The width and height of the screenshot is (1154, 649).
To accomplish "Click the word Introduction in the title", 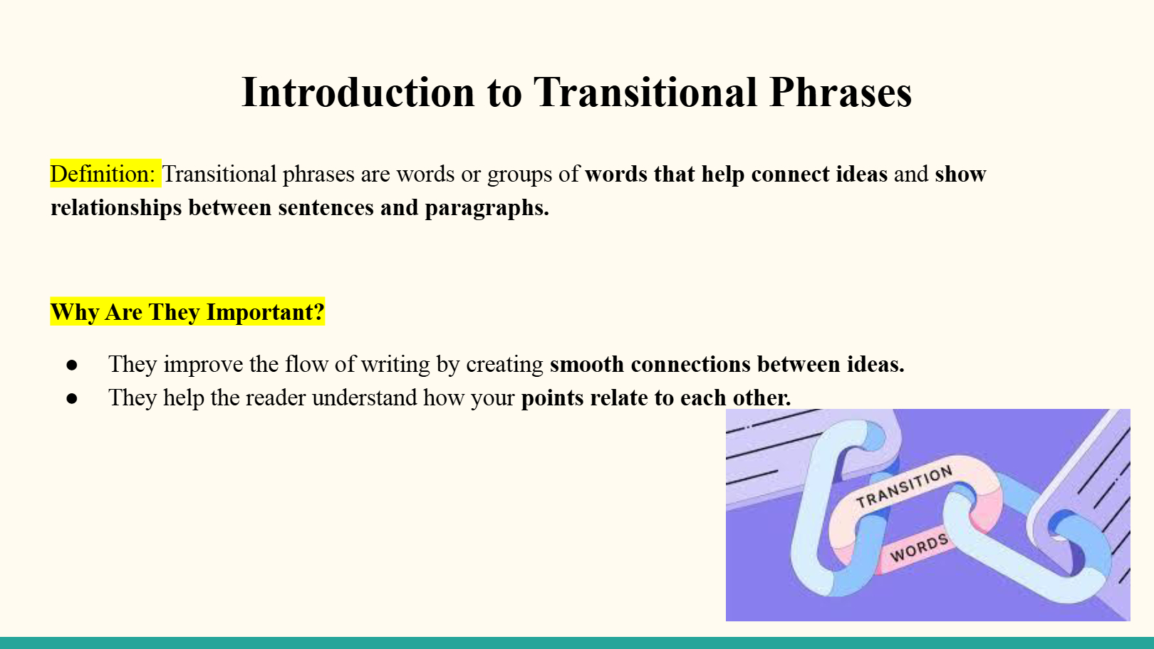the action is (x=358, y=93).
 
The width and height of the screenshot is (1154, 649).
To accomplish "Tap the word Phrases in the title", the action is (x=841, y=93).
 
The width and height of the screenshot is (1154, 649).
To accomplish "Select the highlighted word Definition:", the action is (x=103, y=174).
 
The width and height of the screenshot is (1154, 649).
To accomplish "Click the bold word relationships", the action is (x=116, y=208).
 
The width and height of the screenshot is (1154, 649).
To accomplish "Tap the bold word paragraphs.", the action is (x=487, y=208).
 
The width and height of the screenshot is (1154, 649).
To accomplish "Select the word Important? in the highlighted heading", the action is (x=265, y=312).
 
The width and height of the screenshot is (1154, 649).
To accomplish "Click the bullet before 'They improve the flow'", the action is (x=72, y=365).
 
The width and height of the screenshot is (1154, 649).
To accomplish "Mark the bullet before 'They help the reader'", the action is (x=72, y=398).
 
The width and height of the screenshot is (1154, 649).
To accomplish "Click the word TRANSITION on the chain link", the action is (x=905, y=487).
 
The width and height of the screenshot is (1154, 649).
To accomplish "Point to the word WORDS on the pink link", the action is (x=919, y=548).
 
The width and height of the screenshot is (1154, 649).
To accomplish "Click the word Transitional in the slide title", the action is (x=645, y=93).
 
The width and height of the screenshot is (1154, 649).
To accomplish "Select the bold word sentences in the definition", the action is (x=326, y=208).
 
